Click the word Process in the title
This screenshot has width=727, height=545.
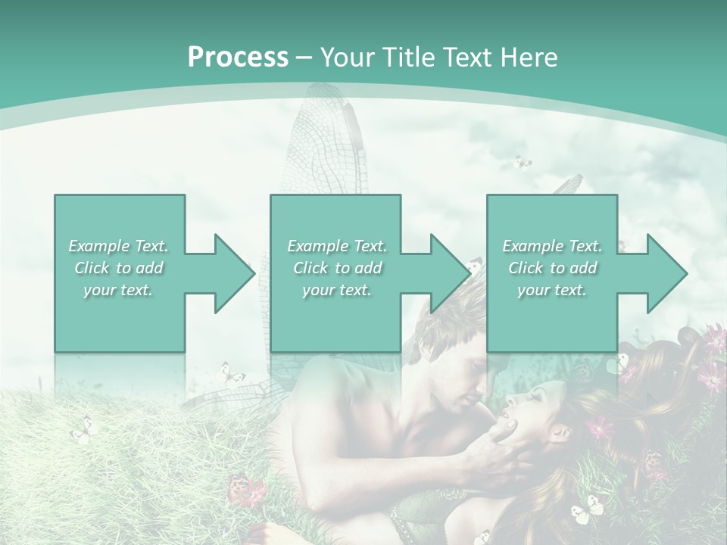(x=238, y=58)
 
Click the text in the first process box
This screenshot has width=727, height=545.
(x=118, y=268)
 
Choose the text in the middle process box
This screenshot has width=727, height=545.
(x=336, y=268)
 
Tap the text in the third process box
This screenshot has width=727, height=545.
(x=552, y=268)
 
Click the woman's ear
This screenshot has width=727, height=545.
(x=561, y=433)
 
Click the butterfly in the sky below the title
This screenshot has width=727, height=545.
(x=522, y=163)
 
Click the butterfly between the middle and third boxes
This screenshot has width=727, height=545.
(x=475, y=266)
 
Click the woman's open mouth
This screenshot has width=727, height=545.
(x=506, y=412)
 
